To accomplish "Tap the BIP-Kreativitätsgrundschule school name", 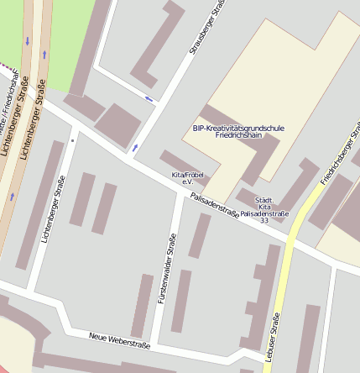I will [x=238, y=128].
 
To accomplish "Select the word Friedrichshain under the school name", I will [x=238, y=135].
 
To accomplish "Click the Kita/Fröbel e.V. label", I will [x=183, y=177].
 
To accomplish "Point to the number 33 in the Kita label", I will [x=264, y=221].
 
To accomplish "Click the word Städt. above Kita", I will [x=264, y=198].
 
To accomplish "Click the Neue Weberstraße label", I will [x=118, y=340].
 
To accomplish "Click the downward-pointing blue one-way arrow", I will [x=28, y=40].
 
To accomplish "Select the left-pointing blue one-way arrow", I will [x=150, y=99].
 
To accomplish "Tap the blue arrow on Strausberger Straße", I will [x=134, y=149].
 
